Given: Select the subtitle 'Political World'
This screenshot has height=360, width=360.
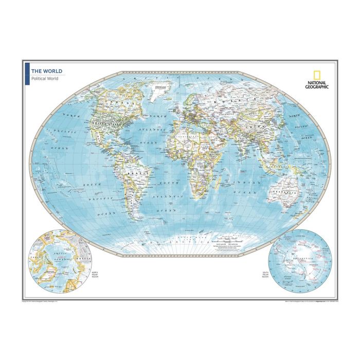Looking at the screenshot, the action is click(x=45, y=79).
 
